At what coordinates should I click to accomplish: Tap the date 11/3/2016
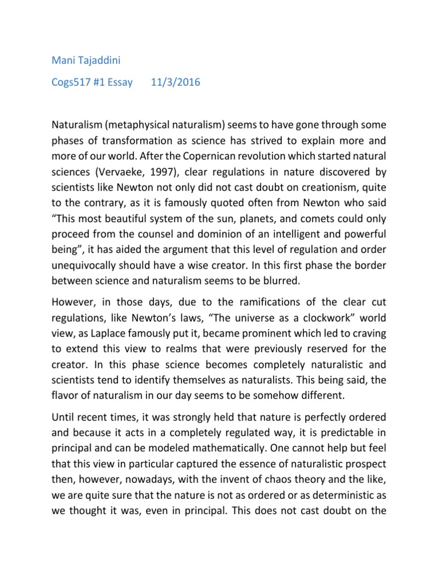click(176, 82)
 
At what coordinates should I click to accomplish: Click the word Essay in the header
click(117, 82)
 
